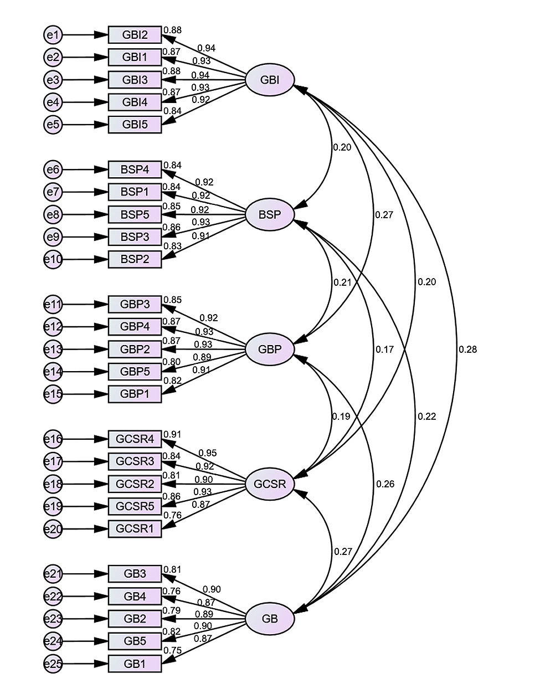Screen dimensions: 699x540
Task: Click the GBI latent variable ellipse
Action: pos(270,80)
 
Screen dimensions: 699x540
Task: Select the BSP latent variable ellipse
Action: pos(270,214)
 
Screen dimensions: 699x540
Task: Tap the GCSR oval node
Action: pos(270,484)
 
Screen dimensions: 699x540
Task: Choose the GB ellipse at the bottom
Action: pos(270,619)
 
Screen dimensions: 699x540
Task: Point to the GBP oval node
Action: pos(270,349)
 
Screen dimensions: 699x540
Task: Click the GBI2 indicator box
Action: pos(135,35)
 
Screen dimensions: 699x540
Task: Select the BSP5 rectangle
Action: pos(135,214)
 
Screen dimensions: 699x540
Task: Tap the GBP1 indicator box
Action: pos(135,394)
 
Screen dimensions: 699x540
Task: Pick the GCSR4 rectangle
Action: pos(135,439)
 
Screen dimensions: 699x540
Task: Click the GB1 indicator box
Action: pos(135,664)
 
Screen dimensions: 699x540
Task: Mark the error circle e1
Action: pos(53,35)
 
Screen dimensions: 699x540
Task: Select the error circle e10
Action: pos(53,259)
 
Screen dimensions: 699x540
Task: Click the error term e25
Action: pos(53,664)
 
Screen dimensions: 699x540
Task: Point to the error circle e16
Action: pos(53,439)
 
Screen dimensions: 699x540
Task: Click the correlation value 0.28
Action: pos(467,349)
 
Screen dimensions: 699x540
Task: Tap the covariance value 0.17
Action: pos(384,349)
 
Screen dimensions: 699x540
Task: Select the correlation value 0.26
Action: pos(385,484)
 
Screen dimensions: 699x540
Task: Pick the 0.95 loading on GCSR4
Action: pos(207,453)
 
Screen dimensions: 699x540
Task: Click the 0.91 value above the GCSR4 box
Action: pos(172,434)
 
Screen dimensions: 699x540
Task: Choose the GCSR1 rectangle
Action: pos(135,528)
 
